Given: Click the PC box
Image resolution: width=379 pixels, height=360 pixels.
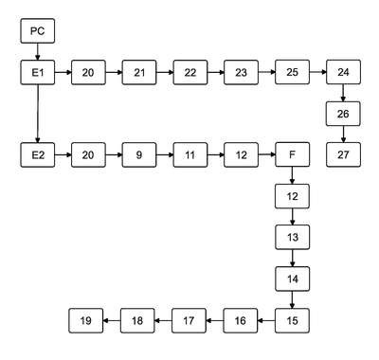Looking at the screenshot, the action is coord(38,31).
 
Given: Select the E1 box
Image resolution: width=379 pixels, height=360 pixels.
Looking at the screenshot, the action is coord(38,72).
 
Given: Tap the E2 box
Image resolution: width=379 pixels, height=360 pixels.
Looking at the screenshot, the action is coord(38,154).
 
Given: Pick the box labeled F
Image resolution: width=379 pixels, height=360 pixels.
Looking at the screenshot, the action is coord(293,154).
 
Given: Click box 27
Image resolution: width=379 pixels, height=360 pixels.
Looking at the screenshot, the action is coord(343,154).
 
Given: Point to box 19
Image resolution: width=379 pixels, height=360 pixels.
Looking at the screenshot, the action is coord(86,321).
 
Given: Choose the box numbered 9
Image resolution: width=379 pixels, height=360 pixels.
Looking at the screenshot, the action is coord(139,154).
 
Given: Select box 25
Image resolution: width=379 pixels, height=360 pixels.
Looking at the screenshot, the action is coord(293,72).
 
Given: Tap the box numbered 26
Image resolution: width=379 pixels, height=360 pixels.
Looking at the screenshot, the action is coord(343,114).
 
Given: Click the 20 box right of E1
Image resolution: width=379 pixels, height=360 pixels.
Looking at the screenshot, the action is coord(88,72).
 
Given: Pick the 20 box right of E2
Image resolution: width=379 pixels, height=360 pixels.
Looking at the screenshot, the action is coord(88,154).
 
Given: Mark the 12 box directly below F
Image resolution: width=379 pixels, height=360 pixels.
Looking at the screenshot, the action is coord(293,196).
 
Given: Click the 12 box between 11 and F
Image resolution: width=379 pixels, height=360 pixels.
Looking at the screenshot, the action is coord(242,154).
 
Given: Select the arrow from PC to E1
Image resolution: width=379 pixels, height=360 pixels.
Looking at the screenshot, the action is coord(38,51).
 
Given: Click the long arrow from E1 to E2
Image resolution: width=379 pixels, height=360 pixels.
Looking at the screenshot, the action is coord(38,114).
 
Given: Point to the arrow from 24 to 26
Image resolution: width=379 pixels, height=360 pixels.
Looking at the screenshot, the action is coord(343,93).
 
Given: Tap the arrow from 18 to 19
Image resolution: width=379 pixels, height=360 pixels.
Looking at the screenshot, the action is coord(112,321).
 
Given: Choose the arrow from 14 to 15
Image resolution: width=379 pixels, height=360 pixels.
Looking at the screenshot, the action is coord(293,299).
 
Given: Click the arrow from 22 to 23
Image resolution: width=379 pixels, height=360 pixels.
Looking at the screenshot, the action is coord(216,72).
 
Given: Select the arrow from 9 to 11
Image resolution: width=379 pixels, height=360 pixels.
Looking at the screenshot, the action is coord(165,154).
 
